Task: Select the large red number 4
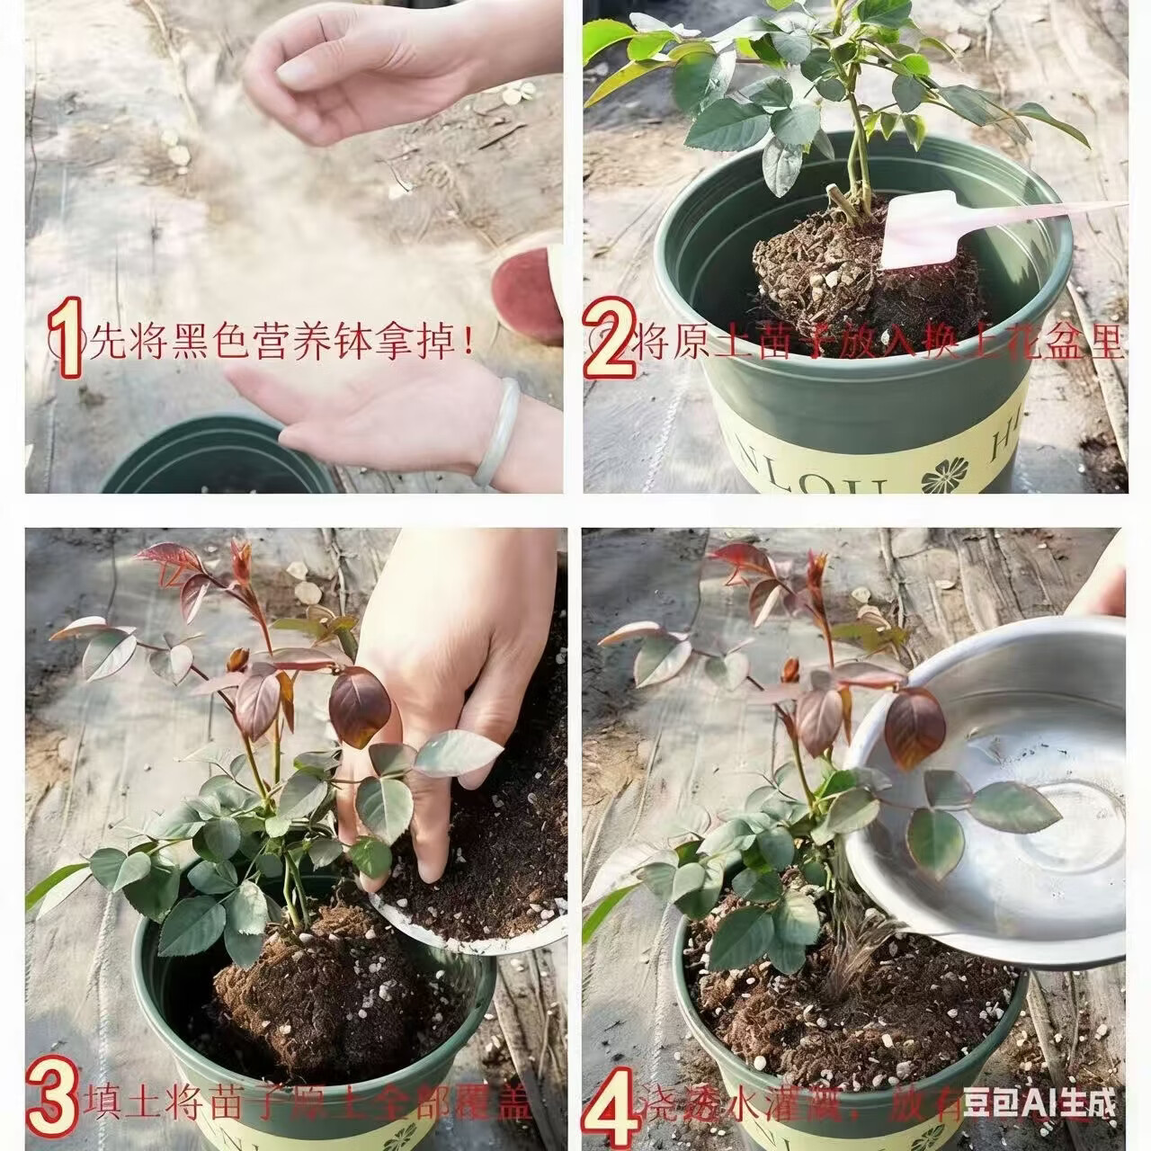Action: pyautogui.click(x=611, y=1105)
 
